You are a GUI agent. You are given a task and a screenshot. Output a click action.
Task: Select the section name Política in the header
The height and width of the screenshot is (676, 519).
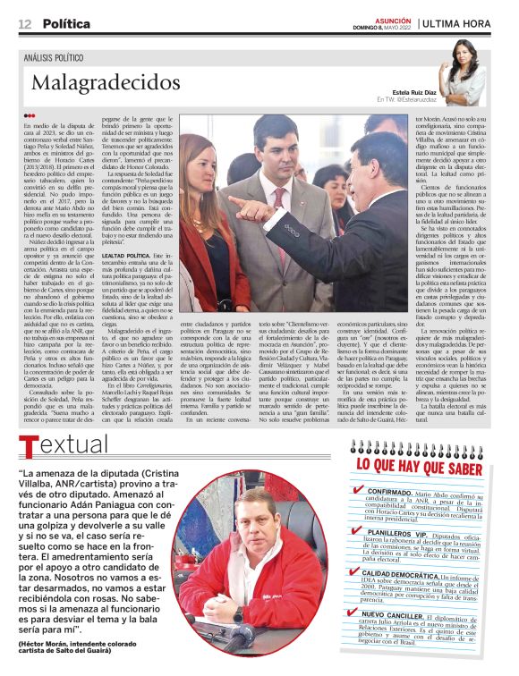tap(66, 22)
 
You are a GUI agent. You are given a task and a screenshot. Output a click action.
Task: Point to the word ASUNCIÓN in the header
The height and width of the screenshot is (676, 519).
tap(392, 18)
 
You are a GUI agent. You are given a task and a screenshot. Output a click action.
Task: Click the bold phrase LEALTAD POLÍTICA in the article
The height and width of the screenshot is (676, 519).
tap(125, 256)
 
